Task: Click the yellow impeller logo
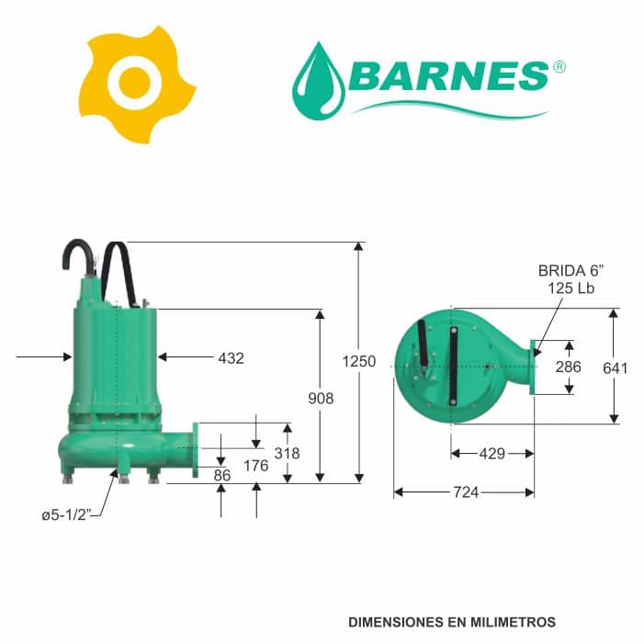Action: click(x=136, y=85)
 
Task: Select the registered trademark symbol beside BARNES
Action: click(x=559, y=67)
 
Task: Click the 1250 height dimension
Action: click(x=359, y=361)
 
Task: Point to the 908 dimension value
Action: click(x=321, y=399)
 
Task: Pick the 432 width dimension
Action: click(x=231, y=358)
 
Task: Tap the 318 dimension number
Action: click(x=287, y=454)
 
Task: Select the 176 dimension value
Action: click(x=256, y=466)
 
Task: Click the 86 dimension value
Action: click(x=222, y=476)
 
